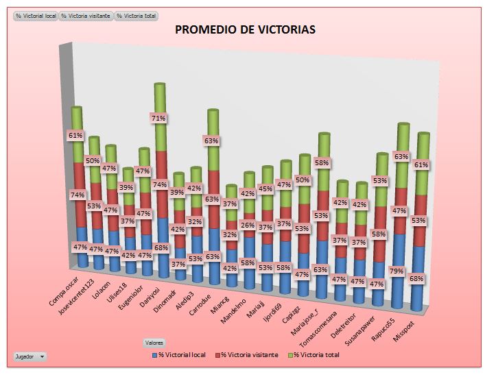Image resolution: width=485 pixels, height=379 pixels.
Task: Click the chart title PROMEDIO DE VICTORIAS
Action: pos(245,29)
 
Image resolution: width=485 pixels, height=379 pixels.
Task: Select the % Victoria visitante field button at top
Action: pos(86,14)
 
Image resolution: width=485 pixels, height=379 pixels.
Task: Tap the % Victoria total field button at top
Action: pos(137,14)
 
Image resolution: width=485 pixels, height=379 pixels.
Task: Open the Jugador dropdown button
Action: pos(31,356)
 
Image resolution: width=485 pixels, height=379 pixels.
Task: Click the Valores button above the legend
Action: pos(154,342)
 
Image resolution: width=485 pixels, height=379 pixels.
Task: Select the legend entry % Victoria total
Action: pos(314,354)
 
